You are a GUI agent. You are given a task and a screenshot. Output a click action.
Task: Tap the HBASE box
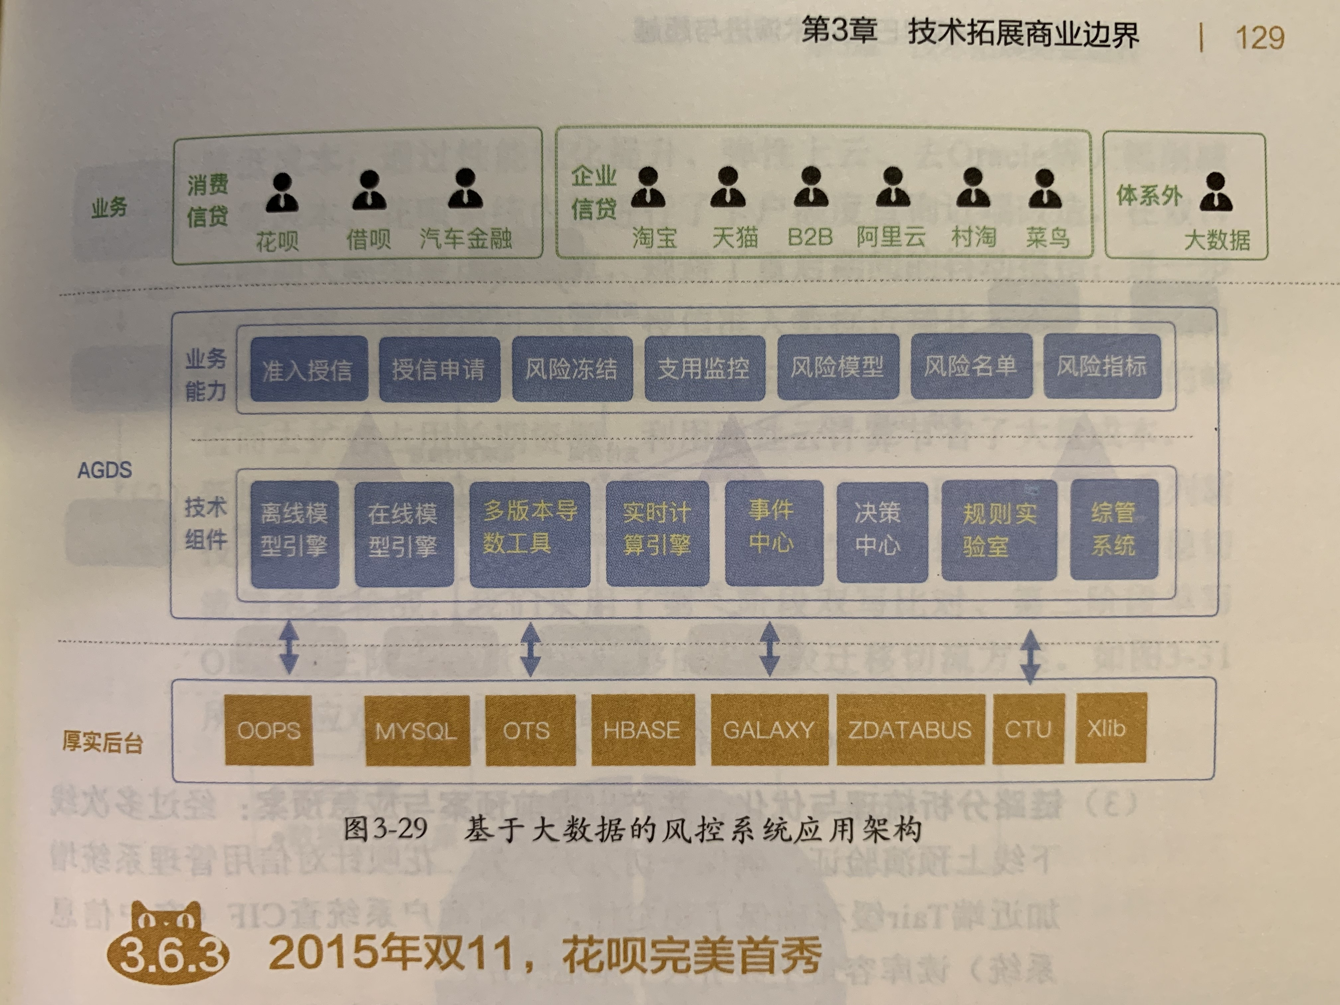(x=641, y=730)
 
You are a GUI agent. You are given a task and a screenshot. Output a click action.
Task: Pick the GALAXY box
(x=769, y=730)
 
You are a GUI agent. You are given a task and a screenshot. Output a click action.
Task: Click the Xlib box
(x=1110, y=728)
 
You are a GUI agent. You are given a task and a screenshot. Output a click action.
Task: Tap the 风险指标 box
(x=1102, y=366)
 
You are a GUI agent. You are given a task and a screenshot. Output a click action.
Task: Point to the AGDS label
(x=104, y=470)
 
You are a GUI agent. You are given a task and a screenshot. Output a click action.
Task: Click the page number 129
(x=1260, y=38)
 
